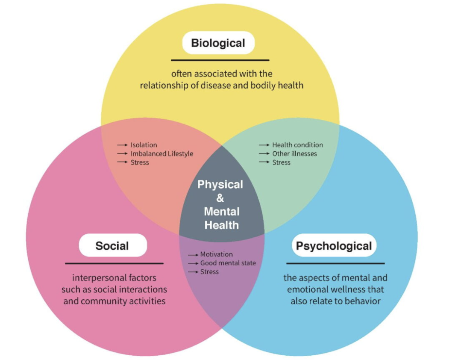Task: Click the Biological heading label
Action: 218,43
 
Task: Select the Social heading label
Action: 112,245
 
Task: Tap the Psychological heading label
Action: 334,246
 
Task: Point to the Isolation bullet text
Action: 144,145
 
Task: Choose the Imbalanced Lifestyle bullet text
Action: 161,153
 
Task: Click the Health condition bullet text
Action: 297,145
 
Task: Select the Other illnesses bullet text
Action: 294,153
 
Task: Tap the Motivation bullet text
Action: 216,254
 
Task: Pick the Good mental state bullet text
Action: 228,263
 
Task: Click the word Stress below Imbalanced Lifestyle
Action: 140,162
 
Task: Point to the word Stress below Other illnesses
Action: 281,162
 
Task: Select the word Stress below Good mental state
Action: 209,272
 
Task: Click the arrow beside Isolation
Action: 123,145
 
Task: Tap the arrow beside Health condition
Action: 264,145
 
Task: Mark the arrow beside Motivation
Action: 193,255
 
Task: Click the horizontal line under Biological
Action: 220,60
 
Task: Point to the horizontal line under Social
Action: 114,263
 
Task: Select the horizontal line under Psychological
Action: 335,263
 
